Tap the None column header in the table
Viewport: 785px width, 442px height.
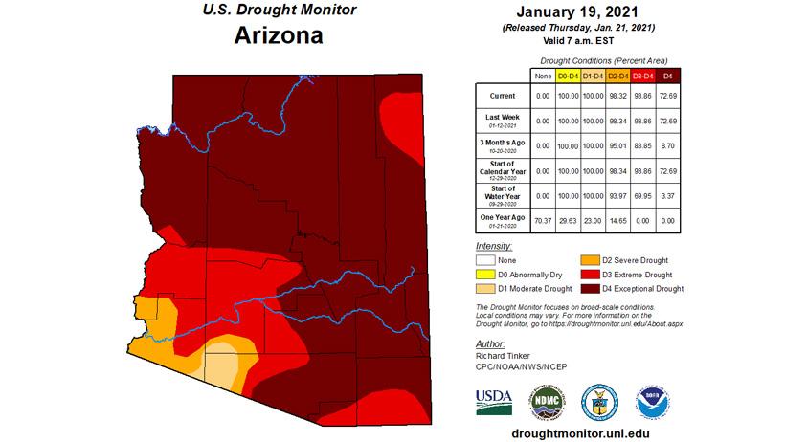pyautogui.click(x=543, y=75)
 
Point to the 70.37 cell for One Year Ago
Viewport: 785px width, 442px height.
pyautogui.click(x=543, y=220)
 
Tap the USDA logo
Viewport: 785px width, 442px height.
pyautogui.click(x=495, y=401)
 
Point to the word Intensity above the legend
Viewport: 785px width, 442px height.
pyautogui.click(x=494, y=246)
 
